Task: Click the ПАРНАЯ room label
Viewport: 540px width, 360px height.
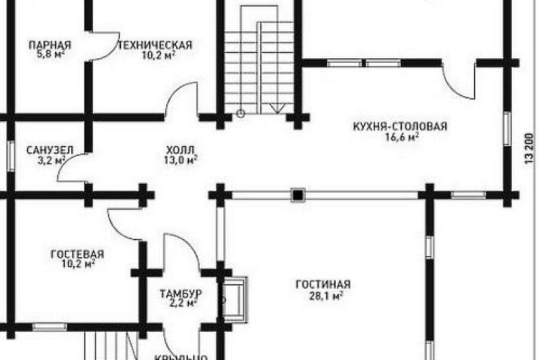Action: coord(50,45)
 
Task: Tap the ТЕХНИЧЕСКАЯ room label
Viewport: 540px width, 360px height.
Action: coord(154,45)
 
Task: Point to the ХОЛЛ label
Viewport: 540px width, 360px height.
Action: coord(181,149)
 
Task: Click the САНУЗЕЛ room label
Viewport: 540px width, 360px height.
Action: coord(46,150)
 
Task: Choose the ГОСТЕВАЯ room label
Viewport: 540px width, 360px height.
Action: coord(77,254)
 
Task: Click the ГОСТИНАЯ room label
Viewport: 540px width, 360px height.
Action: coord(323,284)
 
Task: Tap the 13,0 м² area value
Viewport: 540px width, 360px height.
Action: coord(182,160)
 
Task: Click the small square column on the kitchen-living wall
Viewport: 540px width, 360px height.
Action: coord(298,194)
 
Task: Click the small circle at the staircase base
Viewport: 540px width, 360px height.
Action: coord(240,113)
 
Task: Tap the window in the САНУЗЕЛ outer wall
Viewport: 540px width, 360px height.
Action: coord(10,156)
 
